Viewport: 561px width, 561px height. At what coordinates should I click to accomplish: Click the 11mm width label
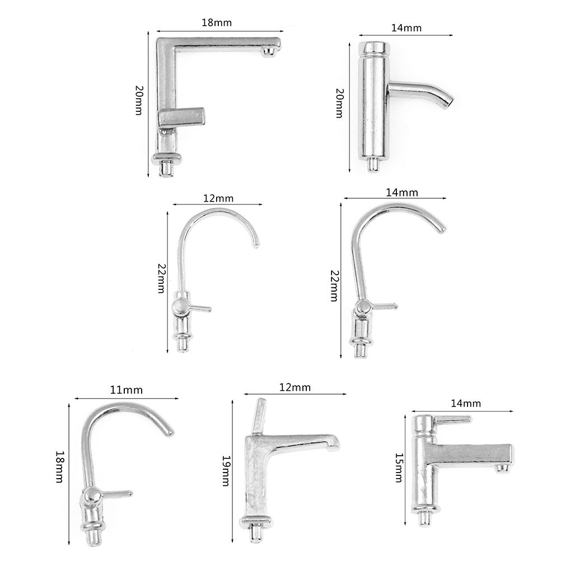click(126, 390)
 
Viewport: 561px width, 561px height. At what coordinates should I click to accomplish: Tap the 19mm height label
click(226, 470)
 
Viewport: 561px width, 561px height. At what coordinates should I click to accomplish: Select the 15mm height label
click(399, 468)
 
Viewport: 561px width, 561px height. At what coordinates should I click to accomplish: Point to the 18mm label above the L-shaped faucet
click(217, 22)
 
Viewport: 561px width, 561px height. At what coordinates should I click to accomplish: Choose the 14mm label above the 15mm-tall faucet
click(465, 403)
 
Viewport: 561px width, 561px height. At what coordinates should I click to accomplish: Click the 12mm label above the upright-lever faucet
click(295, 387)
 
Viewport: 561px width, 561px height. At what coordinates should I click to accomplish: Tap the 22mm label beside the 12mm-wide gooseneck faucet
click(161, 278)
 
